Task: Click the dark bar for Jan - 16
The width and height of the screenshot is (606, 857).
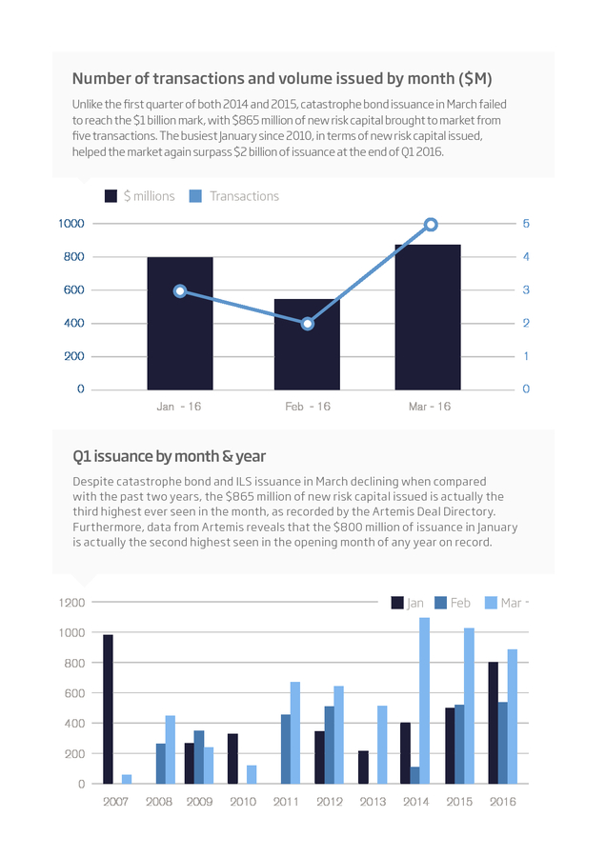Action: tap(180, 323)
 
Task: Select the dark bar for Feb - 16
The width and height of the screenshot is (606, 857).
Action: tap(307, 345)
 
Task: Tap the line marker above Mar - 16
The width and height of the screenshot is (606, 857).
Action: tap(431, 225)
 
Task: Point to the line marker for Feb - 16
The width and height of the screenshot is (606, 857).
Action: tap(308, 324)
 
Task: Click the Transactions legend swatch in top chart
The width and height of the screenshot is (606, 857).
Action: tap(195, 196)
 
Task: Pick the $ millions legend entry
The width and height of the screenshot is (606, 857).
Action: tap(139, 196)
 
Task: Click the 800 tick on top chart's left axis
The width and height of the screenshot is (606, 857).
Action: tap(73, 257)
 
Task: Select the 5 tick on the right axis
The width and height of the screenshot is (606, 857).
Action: tap(526, 224)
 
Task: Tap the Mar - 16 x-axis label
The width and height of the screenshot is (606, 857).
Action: tap(430, 407)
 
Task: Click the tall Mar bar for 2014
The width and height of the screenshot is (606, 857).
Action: tap(424, 701)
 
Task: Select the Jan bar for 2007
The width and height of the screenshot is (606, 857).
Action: tap(108, 708)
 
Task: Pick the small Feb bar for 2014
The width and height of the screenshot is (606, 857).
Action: tap(414, 775)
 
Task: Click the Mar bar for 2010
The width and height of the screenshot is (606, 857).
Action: tap(252, 774)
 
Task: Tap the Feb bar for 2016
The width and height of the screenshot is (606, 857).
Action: tap(503, 743)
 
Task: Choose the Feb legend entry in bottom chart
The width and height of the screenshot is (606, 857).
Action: tap(453, 603)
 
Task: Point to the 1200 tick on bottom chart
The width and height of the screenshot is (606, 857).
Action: tap(71, 603)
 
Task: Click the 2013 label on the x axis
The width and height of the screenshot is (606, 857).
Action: tap(373, 801)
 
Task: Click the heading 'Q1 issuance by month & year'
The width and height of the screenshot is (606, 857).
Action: tap(169, 456)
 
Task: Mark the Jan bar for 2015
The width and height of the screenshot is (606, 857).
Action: tap(450, 746)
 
